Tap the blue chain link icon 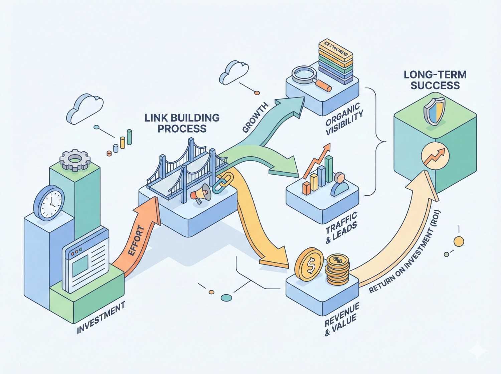click(x=219, y=183)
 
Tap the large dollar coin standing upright click(x=309, y=264)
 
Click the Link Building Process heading click(x=182, y=123)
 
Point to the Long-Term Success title click(x=435, y=80)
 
